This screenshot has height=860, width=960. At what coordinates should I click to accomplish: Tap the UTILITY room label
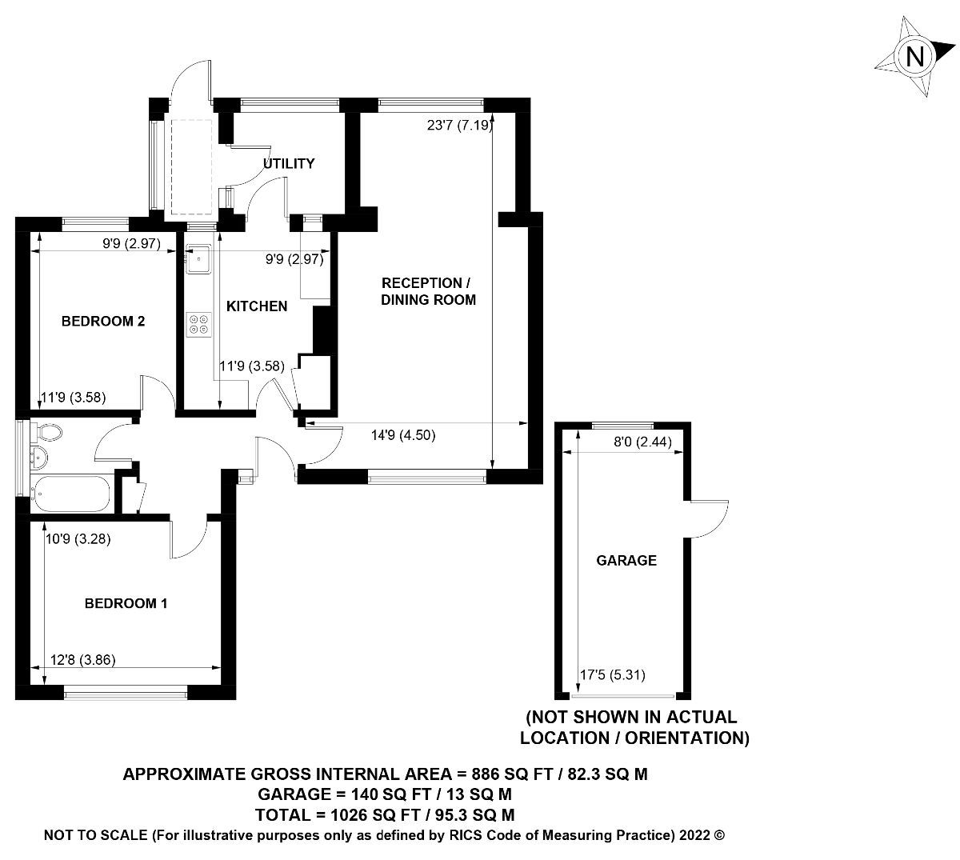click(289, 164)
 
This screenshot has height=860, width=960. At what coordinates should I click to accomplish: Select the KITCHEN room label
click(257, 306)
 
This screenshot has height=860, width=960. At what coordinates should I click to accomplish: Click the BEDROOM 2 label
click(103, 322)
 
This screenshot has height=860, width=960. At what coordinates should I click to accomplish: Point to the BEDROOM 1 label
click(126, 603)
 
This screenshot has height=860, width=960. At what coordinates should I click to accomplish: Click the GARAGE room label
click(626, 561)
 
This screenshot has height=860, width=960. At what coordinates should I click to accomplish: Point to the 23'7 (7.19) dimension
click(459, 125)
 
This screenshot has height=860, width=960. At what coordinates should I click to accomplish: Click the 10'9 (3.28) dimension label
click(78, 539)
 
